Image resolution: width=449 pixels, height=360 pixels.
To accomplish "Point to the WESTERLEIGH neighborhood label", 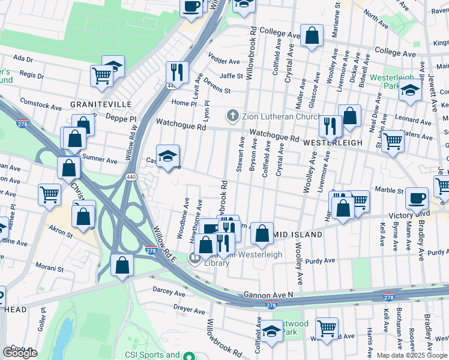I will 333,143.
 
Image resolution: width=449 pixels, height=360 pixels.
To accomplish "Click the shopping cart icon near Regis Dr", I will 101,76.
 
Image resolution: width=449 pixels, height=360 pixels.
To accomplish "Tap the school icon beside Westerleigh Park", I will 411,91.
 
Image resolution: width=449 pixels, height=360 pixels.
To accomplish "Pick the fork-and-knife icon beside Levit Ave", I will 176,72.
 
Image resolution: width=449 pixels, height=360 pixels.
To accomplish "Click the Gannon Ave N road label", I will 268,295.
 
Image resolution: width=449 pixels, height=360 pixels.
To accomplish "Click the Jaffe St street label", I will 231,76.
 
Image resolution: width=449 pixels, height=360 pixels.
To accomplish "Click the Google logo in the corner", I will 20,353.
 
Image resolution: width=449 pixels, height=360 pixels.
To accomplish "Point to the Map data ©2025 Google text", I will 412,355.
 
